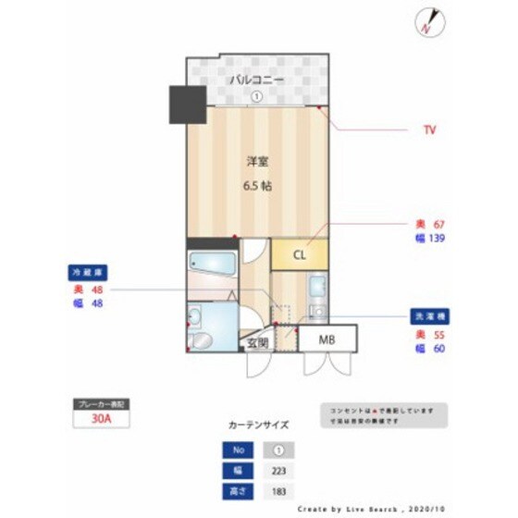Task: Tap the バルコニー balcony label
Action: click(257, 80)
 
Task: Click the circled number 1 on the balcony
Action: click(257, 96)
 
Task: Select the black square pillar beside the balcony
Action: click(186, 104)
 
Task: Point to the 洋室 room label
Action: click(257, 162)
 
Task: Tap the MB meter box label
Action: click(327, 339)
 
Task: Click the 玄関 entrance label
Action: click(257, 342)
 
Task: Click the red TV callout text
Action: click(429, 130)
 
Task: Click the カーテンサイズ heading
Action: click(258, 425)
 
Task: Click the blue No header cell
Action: click(239, 450)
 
